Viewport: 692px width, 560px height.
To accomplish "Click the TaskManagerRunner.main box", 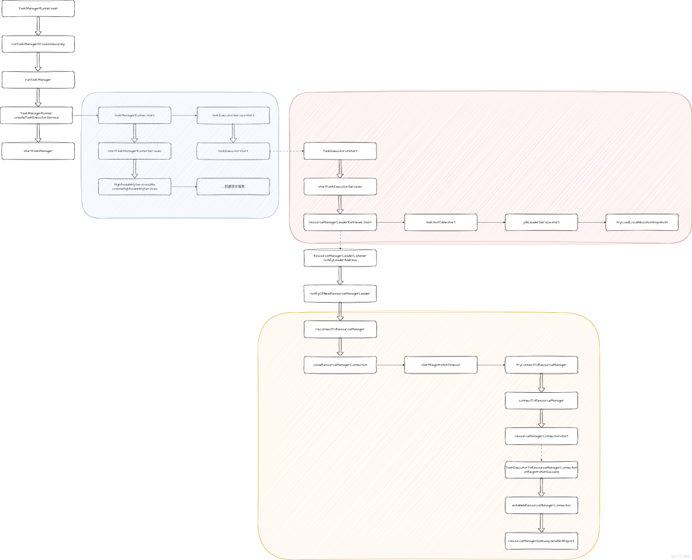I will click(x=39, y=9).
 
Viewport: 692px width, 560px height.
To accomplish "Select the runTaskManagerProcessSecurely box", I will click(x=39, y=44).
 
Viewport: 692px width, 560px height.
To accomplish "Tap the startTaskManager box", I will click(x=39, y=151).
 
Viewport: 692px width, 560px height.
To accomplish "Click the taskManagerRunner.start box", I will click(x=134, y=115).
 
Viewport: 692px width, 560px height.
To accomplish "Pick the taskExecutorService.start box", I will click(x=233, y=115).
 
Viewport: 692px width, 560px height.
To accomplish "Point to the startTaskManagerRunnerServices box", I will click(x=134, y=151).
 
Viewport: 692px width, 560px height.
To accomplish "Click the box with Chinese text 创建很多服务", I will click(x=233, y=186).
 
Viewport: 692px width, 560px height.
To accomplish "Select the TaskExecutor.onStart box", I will click(x=340, y=151).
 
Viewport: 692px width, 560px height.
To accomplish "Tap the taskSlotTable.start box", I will click(x=441, y=222).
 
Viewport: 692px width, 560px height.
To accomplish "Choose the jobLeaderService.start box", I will click(x=541, y=222).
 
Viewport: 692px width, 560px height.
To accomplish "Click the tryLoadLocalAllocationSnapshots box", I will click(x=642, y=222).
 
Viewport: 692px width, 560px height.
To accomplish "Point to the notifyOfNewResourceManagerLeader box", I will click(x=340, y=293).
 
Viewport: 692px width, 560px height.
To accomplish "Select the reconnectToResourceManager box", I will click(x=340, y=329).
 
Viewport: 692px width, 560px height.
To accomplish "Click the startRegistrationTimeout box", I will click(x=441, y=365).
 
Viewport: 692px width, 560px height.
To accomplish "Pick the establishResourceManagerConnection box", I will click(x=541, y=505).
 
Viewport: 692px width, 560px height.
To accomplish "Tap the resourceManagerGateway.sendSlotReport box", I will click(x=541, y=541).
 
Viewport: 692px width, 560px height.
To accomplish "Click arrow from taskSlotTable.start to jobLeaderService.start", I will click(x=491, y=222).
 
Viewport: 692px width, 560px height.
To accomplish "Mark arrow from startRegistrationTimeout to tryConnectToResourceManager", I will click(x=491, y=365).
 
